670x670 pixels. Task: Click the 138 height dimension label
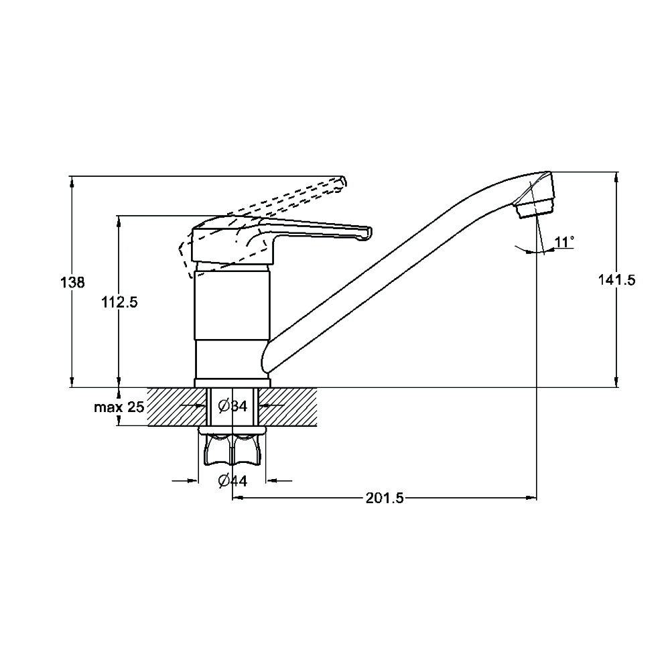tap(72, 283)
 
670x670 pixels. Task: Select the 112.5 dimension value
tap(119, 303)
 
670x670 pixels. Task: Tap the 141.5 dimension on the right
tap(616, 280)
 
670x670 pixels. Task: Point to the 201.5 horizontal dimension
tap(385, 498)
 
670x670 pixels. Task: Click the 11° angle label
tap(564, 243)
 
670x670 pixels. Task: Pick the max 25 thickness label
tap(119, 407)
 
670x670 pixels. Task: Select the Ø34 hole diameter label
tap(233, 405)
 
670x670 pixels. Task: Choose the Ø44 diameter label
tap(233, 481)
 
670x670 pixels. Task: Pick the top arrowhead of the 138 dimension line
tap(72, 182)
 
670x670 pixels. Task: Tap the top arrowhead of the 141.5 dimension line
tap(616, 178)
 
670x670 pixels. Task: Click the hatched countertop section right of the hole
tap(287, 407)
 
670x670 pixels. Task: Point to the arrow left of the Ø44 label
tap(186, 481)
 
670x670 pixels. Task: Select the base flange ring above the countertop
tap(232, 383)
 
